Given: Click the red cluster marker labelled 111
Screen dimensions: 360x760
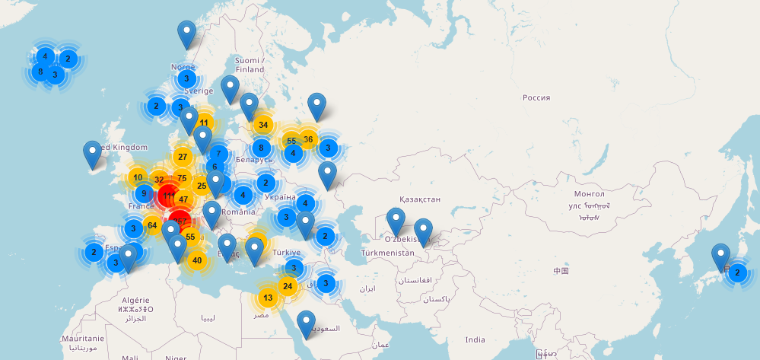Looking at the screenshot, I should point(168,196).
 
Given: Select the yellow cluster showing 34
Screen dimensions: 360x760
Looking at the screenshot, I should point(263,124).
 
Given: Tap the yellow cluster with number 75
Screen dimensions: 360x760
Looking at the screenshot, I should point(182,179).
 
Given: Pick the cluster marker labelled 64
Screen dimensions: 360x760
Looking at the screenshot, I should point(152,225).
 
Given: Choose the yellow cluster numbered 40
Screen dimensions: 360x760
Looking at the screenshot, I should point(197,260).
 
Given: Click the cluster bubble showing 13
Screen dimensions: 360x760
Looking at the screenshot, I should point(268,298).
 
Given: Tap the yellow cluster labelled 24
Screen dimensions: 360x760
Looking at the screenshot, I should point(287,286).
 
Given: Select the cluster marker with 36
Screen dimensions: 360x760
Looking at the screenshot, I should point(308,139).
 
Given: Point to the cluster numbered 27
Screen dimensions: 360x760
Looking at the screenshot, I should point(182,157).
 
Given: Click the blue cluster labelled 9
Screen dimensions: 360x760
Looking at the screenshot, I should point(144,193).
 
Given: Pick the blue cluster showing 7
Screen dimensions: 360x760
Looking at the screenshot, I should point(218,153).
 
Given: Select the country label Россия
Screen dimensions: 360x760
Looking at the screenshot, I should point(536,97).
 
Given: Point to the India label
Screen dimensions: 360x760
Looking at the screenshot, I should point(475,339).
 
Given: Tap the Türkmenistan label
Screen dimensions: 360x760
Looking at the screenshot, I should point(388,252).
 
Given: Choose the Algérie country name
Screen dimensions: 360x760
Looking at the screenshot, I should point(135,300).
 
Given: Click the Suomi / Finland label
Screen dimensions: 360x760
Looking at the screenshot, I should point(249,65).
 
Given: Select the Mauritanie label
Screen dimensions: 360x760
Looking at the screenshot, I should point(83,338).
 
